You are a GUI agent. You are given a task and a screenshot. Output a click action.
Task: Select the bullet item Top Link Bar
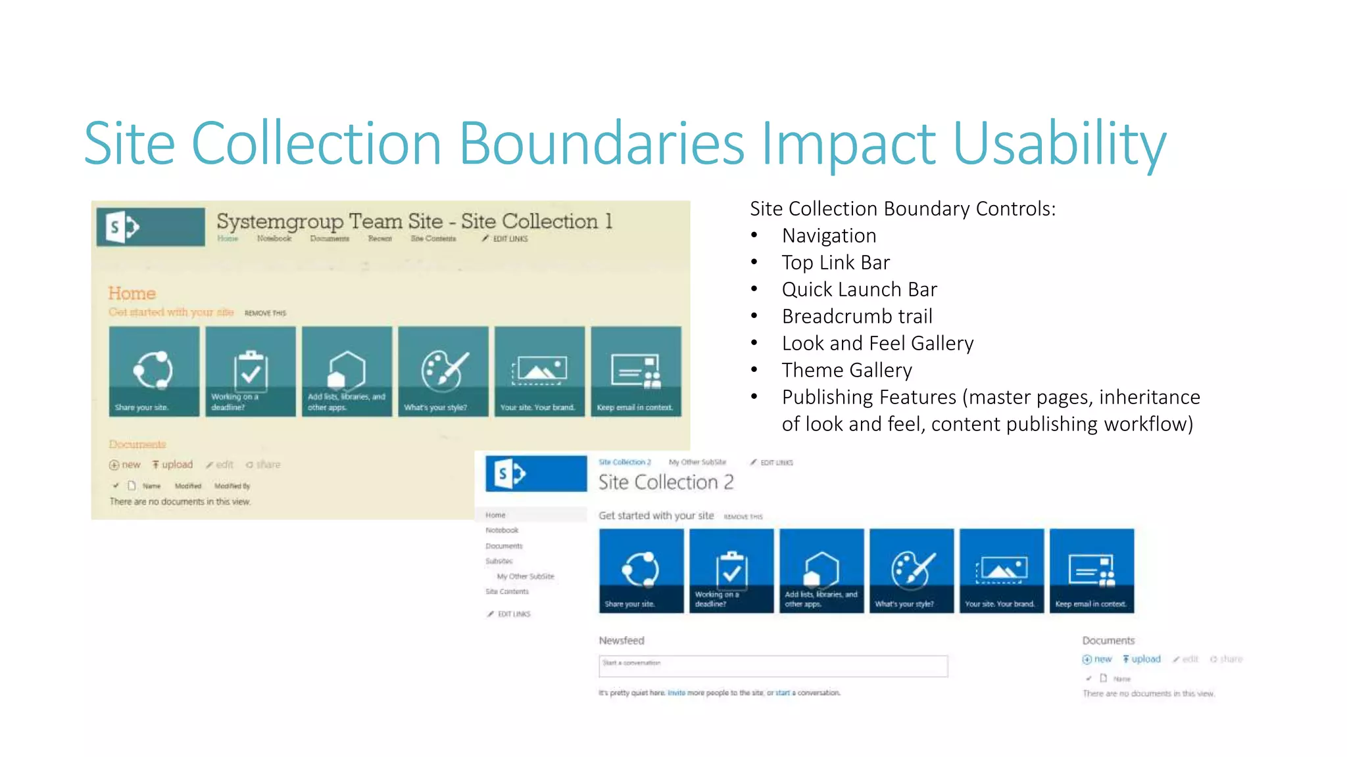835,263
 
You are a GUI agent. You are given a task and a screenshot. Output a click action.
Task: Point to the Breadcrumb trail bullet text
856,317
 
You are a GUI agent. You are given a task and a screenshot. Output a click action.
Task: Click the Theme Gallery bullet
846,371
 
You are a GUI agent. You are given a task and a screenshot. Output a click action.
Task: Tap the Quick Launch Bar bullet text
859,290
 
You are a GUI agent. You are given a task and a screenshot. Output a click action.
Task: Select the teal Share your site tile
154,371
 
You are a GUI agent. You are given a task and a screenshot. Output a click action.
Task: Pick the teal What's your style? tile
443,371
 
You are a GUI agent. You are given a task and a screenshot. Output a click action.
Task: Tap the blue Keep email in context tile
1091,570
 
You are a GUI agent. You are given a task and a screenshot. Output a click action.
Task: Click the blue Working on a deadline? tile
731,570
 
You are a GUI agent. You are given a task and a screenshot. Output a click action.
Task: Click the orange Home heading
132,294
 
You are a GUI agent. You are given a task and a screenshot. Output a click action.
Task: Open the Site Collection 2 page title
665,482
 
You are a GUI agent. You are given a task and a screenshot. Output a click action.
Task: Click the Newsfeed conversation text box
772,666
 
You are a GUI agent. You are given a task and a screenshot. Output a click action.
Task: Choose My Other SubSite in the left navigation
525,576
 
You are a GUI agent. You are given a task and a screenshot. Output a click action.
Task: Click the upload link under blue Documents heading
1142,659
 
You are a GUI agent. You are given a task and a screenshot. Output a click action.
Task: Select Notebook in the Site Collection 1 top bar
274,239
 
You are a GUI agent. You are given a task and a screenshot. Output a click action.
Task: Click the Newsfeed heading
621,641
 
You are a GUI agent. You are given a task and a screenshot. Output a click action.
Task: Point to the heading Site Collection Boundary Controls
902,209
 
